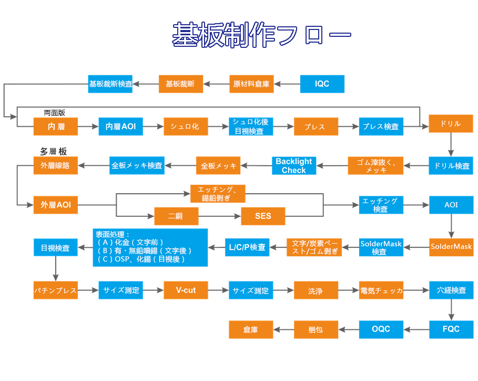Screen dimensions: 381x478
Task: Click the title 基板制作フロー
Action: coord(261,35)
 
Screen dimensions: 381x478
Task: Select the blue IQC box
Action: coord(322,84)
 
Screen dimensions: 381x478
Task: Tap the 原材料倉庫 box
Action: coord(251,84)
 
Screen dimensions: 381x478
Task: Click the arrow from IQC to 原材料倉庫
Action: coord(287,84)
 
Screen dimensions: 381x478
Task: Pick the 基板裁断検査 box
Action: coord(110,84)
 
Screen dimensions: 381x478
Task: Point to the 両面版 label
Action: coord(54,113)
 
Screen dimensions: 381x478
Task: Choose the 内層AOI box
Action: coord(120,127)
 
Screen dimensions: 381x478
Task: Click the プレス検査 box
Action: coord(381,127)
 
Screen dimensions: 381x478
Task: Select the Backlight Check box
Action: coord(293,166)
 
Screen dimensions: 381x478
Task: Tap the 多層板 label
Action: coord(54,152)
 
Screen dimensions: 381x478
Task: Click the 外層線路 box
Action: coord(55,165)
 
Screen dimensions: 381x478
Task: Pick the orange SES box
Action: coord(263,216)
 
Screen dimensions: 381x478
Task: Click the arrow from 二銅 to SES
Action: coord(219,216)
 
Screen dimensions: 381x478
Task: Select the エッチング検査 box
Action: coord(381,205)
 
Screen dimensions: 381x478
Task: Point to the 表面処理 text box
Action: coord(150,247)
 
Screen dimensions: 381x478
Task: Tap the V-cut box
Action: coord(186,290)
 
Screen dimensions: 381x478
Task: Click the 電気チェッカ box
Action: coord(381,290)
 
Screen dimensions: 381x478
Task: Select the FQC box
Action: coord(451,329)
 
